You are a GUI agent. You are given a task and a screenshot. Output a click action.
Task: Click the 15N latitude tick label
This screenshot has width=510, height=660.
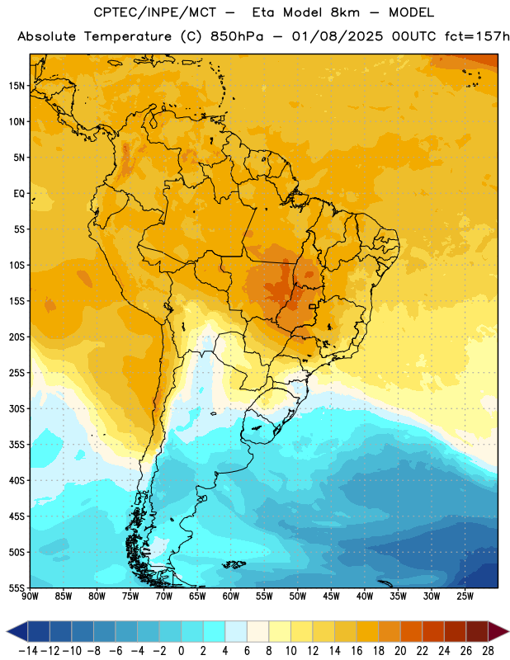click(x=17, y=86)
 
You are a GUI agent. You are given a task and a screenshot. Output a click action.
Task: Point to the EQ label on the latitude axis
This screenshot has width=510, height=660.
click(x=19, y=194)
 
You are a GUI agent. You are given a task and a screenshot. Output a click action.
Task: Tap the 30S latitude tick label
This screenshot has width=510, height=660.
click(x=17, y=408)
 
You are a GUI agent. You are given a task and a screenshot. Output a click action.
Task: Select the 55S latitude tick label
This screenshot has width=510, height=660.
click(x=17, y=587)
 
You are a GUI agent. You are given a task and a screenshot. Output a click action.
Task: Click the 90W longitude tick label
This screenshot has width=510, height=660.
click(x=30, y=596)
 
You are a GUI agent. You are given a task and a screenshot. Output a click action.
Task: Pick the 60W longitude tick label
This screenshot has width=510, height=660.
click(x=231, y=596)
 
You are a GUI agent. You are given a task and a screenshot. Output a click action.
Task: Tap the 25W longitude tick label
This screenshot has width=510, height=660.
click(x=465, y=596)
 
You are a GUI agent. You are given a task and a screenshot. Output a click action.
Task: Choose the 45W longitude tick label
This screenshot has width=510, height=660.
click(x=332, y=596)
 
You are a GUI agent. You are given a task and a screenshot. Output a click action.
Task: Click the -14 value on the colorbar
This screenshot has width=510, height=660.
click(x=28, y=651)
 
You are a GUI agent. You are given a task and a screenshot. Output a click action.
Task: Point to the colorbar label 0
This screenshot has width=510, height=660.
click(x=181, y=651)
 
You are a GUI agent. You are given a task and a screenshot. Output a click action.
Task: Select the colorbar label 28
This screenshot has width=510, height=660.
click(x=488, y=651)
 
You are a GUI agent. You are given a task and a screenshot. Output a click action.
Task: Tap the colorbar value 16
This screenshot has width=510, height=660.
click(x=357, y=651)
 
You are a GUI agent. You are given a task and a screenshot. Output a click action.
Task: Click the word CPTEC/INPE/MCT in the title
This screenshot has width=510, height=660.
click(x=155, y=12)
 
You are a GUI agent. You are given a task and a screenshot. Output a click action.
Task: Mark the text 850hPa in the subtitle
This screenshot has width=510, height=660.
click(x=237, y=36)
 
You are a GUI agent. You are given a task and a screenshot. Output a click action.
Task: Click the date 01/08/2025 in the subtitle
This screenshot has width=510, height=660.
click(x=338, y=36)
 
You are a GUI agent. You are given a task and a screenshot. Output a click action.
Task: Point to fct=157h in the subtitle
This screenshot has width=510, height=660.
click(x=477, y=36)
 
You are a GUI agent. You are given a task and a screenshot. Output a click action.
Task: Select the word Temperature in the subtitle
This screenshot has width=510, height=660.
click(x=128, y=36)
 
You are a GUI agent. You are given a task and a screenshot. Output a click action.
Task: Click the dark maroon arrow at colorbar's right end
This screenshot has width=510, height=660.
click(x=498, y=631)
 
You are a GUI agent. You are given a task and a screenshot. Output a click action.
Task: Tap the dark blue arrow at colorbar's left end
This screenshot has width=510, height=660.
click(x=17, y=631)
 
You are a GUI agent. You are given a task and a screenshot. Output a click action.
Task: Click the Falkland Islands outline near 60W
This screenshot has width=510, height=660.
click(x=234, y=564)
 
